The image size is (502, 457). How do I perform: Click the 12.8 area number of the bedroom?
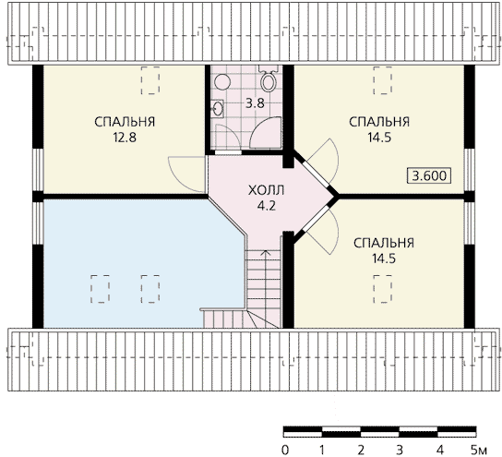click(x=125, y=138)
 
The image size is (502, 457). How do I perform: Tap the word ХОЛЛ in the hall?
click(x=267, y=190)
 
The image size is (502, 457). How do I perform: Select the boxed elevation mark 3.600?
click(x=429, y=175)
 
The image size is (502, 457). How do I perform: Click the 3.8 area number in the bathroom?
click(x=255, y=103)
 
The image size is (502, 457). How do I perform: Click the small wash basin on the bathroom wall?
click(x=218, y=109)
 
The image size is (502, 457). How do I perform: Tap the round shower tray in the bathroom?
click(x=222, y=82)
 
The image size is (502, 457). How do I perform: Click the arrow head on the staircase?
click(x=265, y=253)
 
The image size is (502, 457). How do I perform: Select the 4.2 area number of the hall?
click(x=267, y=206)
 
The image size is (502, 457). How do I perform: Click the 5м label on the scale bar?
click(x=479, y=451)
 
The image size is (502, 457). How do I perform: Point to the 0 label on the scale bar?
click(x=284, y=451)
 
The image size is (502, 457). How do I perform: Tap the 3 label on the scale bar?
click(x=400, y=451)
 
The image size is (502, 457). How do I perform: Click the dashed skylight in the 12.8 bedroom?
click(x=150, y=80)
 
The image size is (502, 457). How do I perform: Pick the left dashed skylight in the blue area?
click(x=100, y=289)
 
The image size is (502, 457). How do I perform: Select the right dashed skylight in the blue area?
click(x=150, y=289)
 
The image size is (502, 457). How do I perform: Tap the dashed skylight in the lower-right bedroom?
click(x=383, y=289)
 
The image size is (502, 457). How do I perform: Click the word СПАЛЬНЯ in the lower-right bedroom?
click(x=384, y=243)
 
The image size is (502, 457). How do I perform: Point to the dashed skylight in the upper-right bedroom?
click(x=383, y=80)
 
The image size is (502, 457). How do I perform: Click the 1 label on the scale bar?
click(x=322, y=451)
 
